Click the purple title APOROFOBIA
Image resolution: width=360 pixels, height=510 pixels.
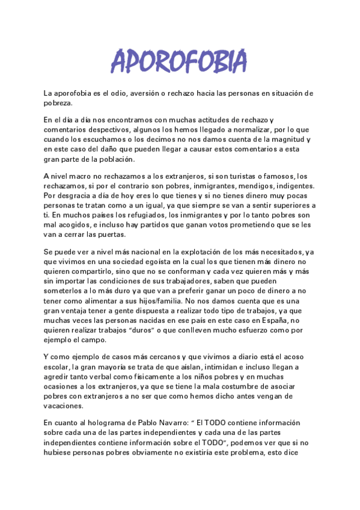click(x=179, y=61)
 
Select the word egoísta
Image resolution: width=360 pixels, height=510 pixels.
click(x=142, y=262)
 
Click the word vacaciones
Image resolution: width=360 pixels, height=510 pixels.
click(x=63, y=405)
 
